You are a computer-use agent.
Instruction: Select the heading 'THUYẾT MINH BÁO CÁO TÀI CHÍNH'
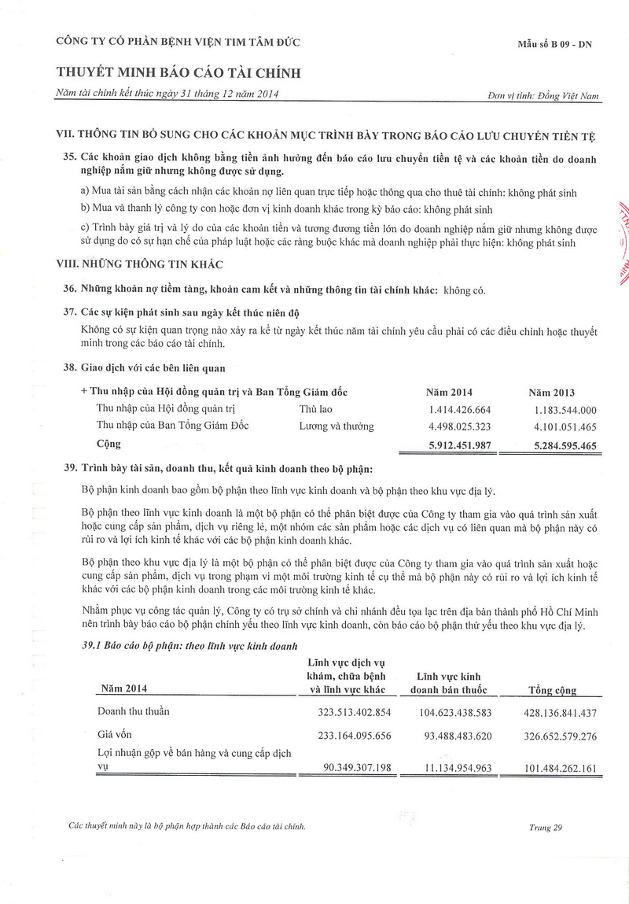[178, 73]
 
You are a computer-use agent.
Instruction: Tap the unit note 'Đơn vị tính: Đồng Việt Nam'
[543, 96]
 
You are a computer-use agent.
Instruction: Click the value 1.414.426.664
[460, 410]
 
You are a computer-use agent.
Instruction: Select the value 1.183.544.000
[565, 410]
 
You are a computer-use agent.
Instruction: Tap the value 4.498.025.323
[460, 427]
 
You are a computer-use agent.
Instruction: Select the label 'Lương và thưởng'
[337, 427]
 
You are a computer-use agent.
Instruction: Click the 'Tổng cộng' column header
[552, 690]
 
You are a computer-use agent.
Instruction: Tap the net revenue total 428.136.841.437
[549, 713]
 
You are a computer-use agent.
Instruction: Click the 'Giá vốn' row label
[114, 734]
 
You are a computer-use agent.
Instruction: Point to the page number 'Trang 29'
[546, 827]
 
